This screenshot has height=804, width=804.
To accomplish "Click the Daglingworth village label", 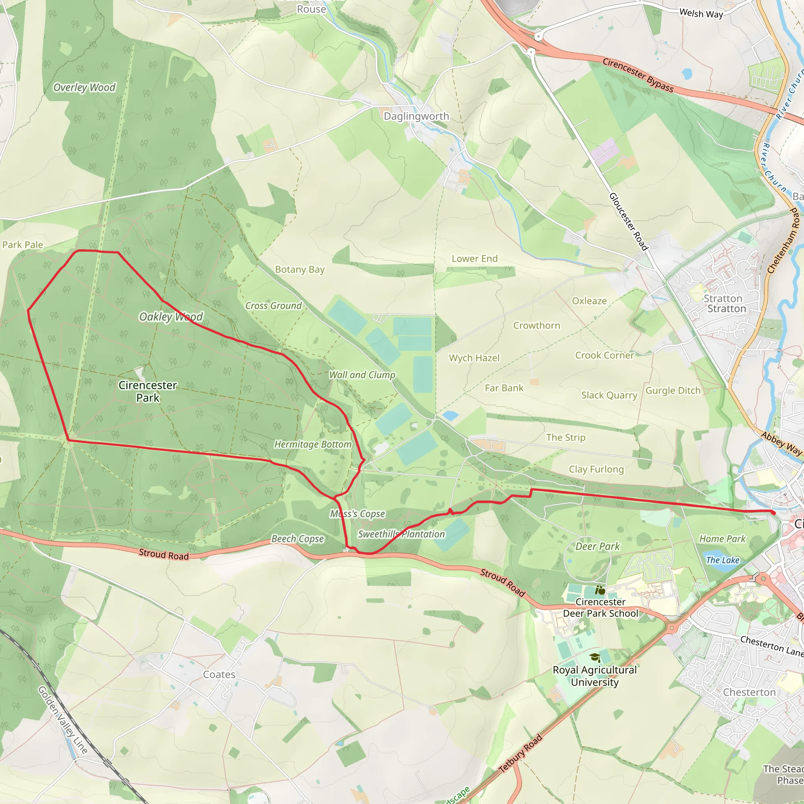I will tap(416, 116).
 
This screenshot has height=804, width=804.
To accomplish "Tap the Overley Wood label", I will tap(84, 88).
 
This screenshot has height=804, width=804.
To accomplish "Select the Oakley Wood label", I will tap(171, 317).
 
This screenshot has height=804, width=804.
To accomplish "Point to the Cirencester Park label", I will tap(148, 391).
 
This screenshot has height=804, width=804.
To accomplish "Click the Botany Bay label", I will tap(300, 269).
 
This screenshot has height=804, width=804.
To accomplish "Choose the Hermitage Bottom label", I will tap(313, 444).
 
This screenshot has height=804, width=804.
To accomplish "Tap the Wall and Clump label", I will tap(362, 375).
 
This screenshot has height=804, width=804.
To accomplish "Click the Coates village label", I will tap(219, 674).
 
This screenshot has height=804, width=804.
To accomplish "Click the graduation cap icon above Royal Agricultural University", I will tap(595, 658).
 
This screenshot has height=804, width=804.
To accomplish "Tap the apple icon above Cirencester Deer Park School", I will tap(600, 590).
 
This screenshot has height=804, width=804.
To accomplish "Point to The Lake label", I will tap(722, 560).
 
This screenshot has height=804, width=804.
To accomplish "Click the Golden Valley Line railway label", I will tap(63, 720).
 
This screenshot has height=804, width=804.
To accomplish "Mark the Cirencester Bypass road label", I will tap(638, 75).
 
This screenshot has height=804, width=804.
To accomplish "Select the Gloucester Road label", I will tap(629, 221).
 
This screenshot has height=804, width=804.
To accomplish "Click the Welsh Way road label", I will tap(701, 13).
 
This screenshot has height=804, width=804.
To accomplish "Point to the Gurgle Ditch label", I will tap(673, 390).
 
